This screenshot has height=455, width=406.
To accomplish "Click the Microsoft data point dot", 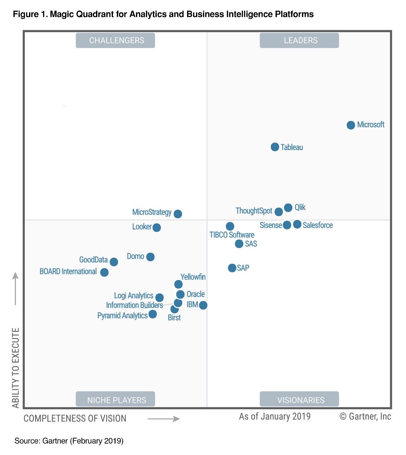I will pos(350,125).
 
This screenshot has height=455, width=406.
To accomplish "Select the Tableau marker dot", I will pos(275,147).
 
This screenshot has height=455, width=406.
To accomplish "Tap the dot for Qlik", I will pos(288,208).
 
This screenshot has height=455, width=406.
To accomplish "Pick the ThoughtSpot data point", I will pos(278,212).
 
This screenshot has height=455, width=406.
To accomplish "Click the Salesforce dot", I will pos(297,224).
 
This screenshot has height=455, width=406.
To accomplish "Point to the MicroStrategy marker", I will pos(178,214).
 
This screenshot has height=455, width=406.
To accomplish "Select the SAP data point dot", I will pos(232,268).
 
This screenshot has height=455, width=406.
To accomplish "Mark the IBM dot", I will pos(203,305).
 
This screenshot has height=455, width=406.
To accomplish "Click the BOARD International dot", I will pos(104,272).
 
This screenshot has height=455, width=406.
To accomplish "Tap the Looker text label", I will pos(142,227).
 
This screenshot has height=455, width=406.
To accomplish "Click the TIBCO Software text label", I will pos(232,235).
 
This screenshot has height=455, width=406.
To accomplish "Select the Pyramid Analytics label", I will pos(122,315).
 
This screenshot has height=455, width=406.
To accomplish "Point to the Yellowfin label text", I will pos(193,277).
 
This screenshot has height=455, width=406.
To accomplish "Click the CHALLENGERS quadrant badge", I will pos(115,41).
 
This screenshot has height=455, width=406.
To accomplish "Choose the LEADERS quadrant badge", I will pos(299,41).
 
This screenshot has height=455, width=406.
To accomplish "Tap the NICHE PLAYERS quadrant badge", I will pos(115,399).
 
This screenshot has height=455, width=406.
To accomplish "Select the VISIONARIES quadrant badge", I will pos(299,399).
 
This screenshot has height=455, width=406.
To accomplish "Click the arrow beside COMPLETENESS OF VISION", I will pos(163,419).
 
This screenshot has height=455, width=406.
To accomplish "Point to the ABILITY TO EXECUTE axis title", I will pos(16,368).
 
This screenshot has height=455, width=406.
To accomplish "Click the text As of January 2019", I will pos(274,416).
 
